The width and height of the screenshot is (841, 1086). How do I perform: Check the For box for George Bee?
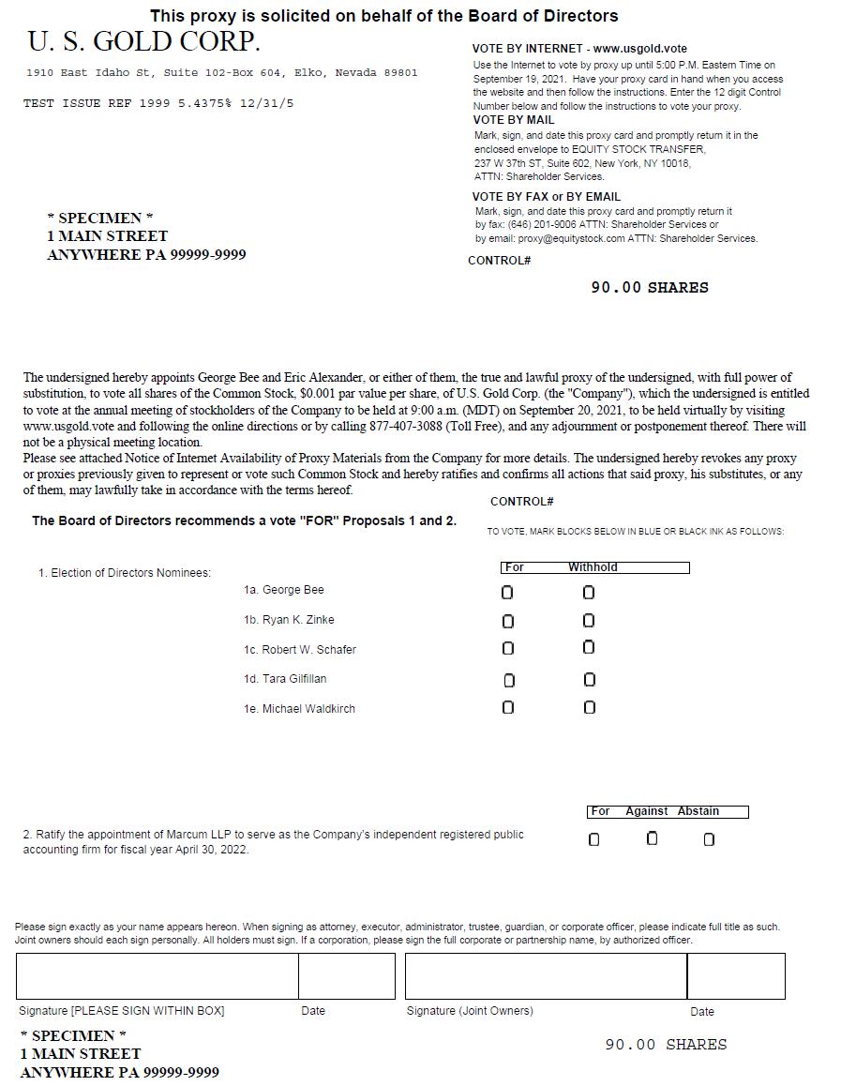tap(507, 593)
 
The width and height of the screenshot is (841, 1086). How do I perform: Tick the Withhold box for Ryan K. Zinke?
tap(589, 620)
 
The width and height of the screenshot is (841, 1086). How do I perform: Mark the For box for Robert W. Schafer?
tap(508, 648)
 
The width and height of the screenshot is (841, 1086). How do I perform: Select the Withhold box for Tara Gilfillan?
tap(590, 679)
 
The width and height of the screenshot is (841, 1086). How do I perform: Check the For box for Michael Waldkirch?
tap(508, 707)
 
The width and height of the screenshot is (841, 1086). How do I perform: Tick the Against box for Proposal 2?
tap(653, 838)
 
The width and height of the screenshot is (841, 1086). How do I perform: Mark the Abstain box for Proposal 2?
tap(709, 839)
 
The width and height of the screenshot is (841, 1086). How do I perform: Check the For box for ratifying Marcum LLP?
tap(593, 839)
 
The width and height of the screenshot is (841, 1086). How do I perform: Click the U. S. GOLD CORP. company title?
tap(143, 42)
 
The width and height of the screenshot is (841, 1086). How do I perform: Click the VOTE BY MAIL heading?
tap(514, 120)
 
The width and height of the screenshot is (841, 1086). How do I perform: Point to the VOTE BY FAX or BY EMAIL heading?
tap(547, 197)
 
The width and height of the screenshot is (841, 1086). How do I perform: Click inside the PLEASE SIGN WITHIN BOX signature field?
tap(157, 976)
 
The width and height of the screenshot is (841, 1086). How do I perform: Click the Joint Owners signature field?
tap(546, 976)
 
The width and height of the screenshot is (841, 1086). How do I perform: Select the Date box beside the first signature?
tap(347, 976)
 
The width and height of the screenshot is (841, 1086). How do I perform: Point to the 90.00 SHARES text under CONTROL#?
tap(649, 288)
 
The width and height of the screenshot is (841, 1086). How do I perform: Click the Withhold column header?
tap(593, 567)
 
